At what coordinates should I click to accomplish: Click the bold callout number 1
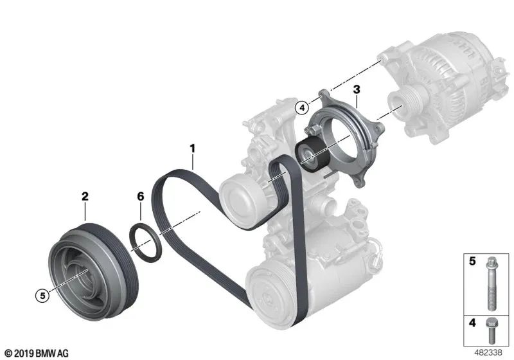click(x=191, y=149)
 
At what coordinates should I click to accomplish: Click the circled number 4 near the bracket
click(x=301, y=107)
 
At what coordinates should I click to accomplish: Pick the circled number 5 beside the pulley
click(x=42, y=296)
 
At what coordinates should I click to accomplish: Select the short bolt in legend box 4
click(x=490, y=332)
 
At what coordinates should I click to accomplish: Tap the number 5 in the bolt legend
click(x=471, y=261)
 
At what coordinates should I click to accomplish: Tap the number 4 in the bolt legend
click(x=471, y=324)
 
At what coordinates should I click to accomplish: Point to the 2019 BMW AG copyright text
click(x=35, y=352)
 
